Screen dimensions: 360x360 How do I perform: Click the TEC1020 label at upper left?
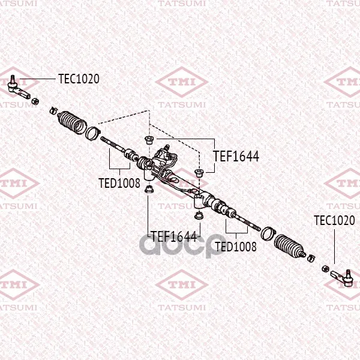click(79, 79)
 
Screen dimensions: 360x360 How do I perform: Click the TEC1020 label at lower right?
click(334, 220)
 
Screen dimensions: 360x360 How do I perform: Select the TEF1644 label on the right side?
click(236, 156)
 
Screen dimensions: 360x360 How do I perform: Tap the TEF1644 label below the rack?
click(174, 236)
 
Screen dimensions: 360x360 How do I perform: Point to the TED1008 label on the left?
click(119, 183)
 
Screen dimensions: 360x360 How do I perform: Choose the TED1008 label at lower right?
click(236, 247)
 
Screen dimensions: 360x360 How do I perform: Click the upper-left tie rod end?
click(18, 88)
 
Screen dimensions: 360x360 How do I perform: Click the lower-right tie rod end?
click(342, 277)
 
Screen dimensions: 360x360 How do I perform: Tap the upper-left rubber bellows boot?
click(72, 122)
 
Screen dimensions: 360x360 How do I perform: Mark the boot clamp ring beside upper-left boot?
click(92, 133)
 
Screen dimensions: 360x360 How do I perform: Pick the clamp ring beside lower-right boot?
click(268, 233)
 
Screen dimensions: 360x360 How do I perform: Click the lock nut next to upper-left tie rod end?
click(35, 101)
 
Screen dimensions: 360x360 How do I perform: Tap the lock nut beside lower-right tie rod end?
click(325, 268)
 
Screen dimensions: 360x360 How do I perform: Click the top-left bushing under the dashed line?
click(149, 140)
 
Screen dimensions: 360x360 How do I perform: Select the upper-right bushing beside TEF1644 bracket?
click(199, 173)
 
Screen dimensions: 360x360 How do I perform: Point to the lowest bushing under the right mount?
click(199, 216)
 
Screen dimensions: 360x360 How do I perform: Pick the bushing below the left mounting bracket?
click(149, 189)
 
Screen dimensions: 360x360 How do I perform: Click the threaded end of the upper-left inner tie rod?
click(104, 140)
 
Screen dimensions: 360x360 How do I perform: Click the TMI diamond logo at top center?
click(182, 82)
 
